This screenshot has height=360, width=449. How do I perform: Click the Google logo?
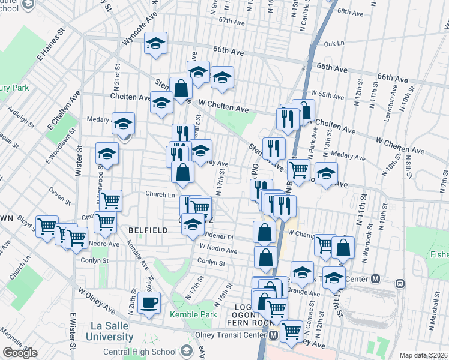20,353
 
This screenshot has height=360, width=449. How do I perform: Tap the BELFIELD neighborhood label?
143,229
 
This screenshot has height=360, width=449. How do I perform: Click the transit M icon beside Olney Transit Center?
273,335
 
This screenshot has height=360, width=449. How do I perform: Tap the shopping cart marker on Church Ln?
110,199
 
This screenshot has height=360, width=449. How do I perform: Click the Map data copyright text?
423,355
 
